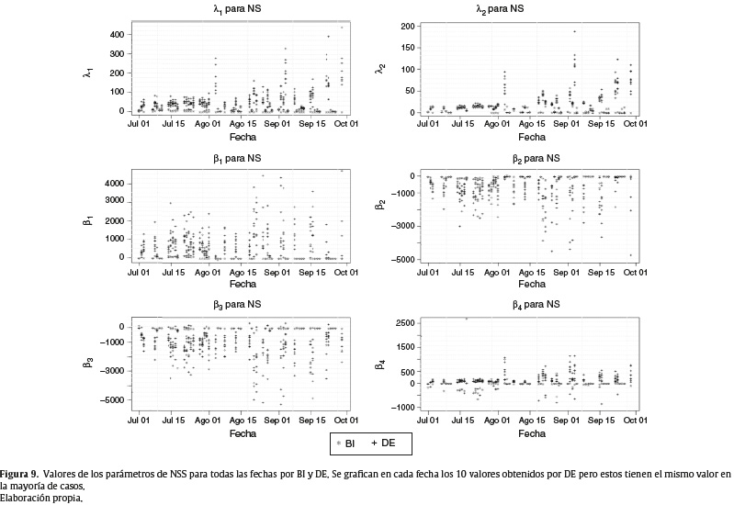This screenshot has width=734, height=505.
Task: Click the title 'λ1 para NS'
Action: pyautogui.click(x=237, y=9)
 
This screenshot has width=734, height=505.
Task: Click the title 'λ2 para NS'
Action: pyautogui.click(x=500, y=9)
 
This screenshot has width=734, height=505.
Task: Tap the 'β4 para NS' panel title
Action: pyautogui.click(x=536, y=305)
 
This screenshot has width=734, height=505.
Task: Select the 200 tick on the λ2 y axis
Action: pyautogui.click(x=407, y=27)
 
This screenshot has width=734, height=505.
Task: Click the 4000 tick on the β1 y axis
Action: pyautogui.click(x=114, y=184)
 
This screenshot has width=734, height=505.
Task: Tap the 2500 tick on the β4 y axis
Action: pyautogui.click(x=404, y=323)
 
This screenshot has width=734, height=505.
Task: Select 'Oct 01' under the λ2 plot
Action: pyautogui.click(x=636, y=124)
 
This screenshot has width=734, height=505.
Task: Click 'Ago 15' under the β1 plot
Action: pyautogui.click(x=243, y=273)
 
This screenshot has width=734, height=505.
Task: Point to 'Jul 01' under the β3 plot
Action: pyautogui.click(x=139, y=421)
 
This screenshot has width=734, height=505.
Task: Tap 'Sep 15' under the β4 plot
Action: pyautogui.click(x=601, y=421)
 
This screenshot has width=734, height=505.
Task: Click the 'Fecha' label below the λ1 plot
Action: pyautogui.click(x=243, y=137)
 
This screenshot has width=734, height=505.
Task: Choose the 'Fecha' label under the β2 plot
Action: pyautogui.click(x=532, y=284)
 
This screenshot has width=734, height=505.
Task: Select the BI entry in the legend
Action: pyautogui.click(x=345, y=443)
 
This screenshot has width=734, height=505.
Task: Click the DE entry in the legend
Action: pyautogui.click(x=383, y=443)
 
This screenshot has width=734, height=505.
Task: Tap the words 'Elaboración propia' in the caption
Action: pyautogui.click(x=40, y=498)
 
